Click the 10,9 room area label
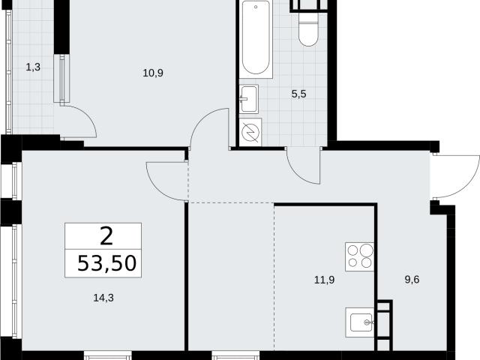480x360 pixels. pos(153,73)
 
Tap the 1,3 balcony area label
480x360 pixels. pos(33,67)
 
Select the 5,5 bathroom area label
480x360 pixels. pos(298,94)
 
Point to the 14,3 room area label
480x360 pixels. pos(103,298)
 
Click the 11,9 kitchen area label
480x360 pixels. pos(325,280)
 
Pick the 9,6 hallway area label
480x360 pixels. pos(412,280)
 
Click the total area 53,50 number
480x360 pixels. pos(106,263)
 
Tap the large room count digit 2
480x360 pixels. pos(106,236)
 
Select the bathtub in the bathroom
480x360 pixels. pos(256,38)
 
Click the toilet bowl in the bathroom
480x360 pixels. pos(308,28)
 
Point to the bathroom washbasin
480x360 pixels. pos(248,99)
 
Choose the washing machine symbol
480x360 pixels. pos(250,132)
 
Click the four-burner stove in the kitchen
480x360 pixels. pos(360,256)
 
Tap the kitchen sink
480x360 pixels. pos(360,322)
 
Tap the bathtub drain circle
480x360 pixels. pos(256,7)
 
